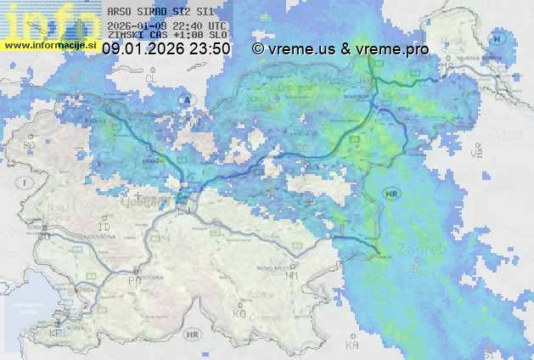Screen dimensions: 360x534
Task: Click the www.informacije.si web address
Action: click(x=50, y=44)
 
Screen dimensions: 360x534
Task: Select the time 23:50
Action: click(x=210, y=48)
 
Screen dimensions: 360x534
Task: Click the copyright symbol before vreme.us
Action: click(x=258, y=48)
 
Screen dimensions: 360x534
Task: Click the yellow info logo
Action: click(x=47, y=20)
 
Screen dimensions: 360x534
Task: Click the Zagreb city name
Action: click(x=422, y=250)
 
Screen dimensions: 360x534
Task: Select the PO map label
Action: click(x=134, y=280)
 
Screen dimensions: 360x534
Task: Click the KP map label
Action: click(x=56, y=334)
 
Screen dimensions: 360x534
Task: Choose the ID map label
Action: click(x=104, y=228)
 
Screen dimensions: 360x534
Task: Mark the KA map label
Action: click(x=352, y=346)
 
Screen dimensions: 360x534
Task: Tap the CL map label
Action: click(x=152, y=78)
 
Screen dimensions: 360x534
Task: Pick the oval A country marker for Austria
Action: click(x=184, y=99)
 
